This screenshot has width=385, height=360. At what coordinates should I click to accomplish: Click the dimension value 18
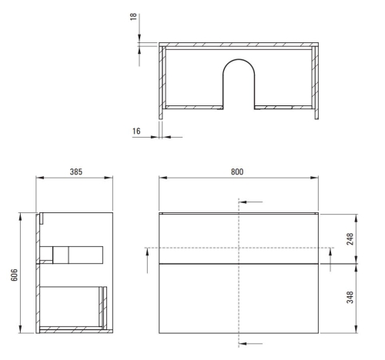click(132, 16)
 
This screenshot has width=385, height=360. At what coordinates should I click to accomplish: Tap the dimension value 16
click(136, 132)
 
